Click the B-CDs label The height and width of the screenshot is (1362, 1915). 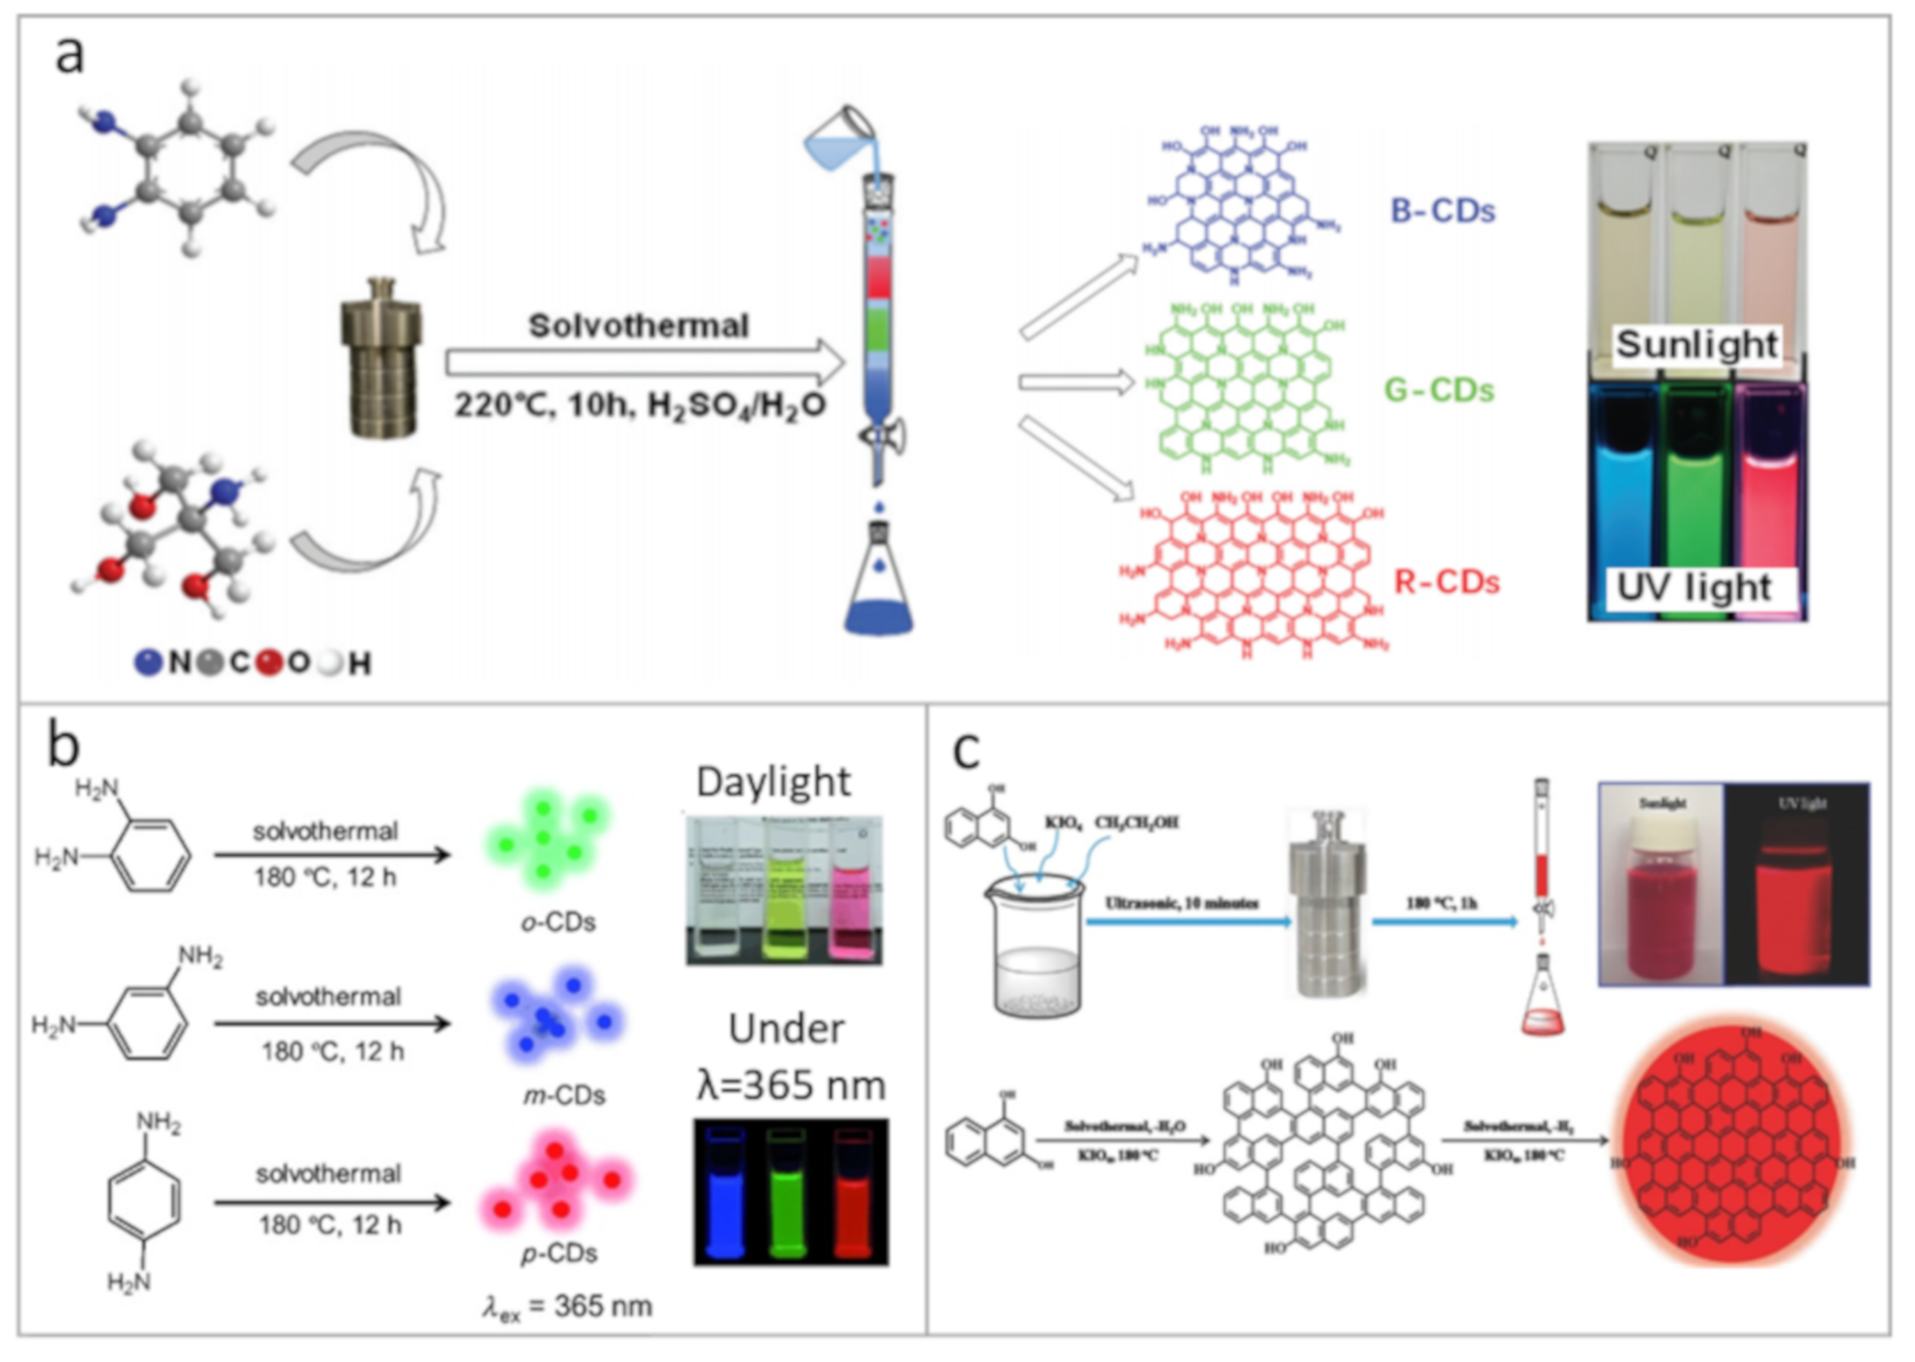click(1442, 211)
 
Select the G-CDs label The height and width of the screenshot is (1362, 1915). click(1438, 390)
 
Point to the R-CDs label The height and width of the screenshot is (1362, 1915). click(1446, 582)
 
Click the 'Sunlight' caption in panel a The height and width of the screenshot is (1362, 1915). click(1696, 344)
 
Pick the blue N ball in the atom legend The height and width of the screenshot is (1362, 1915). click(148, 662)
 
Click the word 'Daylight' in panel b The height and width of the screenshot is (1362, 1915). click(773, 782)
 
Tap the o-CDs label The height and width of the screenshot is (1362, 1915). click(558, 923)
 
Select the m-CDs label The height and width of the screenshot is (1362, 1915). click(563, 1095)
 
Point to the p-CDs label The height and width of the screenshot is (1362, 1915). click(559, 1254)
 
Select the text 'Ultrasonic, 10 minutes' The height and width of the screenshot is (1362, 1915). click(1182, 903)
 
